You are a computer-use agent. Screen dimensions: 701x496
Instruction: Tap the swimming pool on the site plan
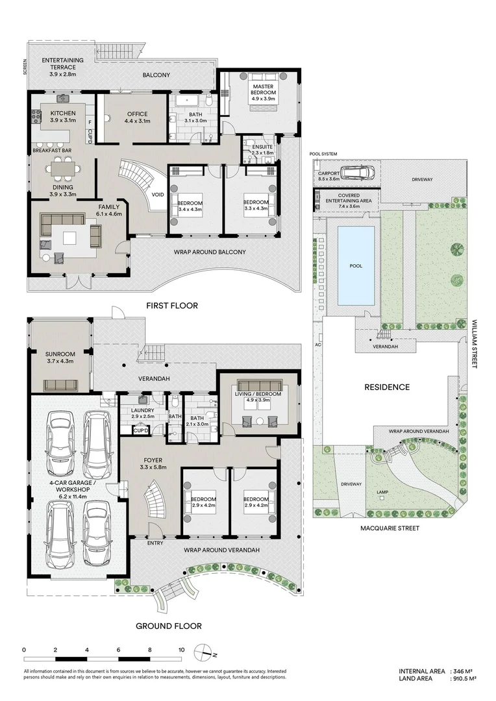(x=355, y=265)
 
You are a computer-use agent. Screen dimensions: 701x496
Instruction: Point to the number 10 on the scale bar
(x=181, y=650)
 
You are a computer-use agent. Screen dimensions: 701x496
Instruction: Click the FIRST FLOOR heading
(x=172, y=305)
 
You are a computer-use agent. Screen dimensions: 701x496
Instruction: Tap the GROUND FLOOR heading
(x=168, y=626)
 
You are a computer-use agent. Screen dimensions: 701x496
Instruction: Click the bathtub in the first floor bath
(x=188, y=101)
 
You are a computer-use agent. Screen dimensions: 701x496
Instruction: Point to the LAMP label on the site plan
(x=382, y=492)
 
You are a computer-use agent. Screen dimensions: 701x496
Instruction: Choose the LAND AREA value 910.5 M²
(x=464, y=678)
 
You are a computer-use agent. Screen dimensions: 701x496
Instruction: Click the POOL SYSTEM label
(x=324, y=154)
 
